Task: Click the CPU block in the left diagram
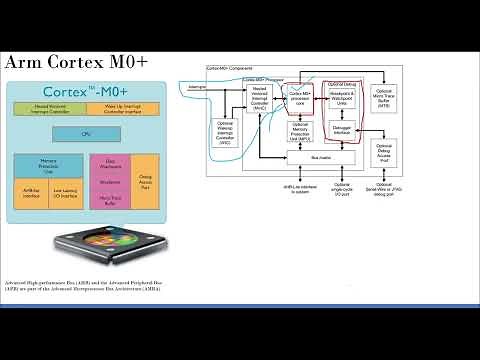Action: pyautogui.click(x=85, y=133)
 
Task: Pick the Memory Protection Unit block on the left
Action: pyautogui.click(x=48, y=164)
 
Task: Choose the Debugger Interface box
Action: pyautogui.click(x=341, y=132)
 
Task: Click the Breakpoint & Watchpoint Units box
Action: pyautogui.click(x=341, y=105)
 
